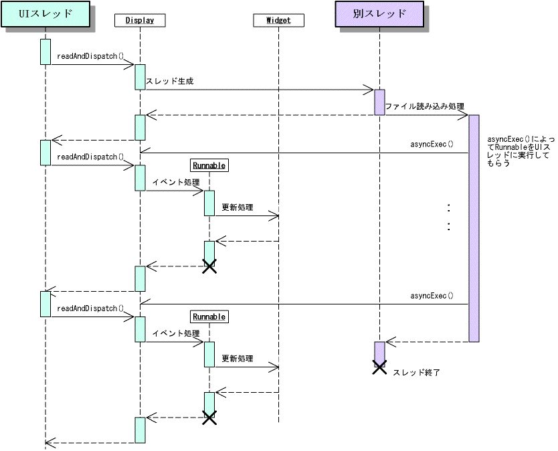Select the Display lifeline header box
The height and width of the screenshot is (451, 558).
[140, 20]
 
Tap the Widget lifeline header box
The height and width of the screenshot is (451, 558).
[278, 20]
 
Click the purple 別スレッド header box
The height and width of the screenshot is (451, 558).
[379, 14]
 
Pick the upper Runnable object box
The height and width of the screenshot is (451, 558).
[209, 165]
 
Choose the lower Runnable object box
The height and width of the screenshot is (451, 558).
[209, 317]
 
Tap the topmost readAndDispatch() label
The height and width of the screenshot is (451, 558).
[91, 57]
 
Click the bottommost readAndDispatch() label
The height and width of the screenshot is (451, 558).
[91, 308]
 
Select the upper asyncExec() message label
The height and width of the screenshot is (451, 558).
[432, 145]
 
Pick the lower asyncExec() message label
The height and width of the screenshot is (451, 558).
[432, 296]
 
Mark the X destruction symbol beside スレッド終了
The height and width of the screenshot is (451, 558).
[379, 367]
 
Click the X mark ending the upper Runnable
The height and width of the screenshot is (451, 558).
[209, 267]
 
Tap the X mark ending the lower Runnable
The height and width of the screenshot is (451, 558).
[209, 418]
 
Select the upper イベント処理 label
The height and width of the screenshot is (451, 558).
[175, 182]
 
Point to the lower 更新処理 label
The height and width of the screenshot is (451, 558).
[238, 359]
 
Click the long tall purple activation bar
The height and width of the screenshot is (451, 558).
[474, 228]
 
